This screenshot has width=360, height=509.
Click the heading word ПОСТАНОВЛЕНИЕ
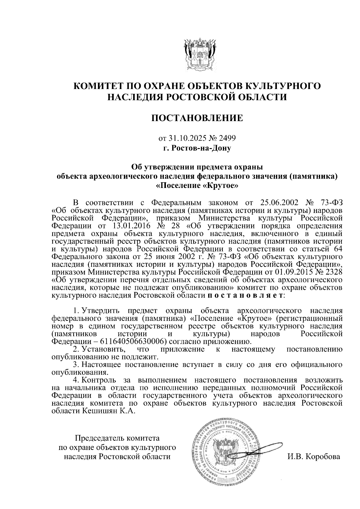point(197,118)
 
